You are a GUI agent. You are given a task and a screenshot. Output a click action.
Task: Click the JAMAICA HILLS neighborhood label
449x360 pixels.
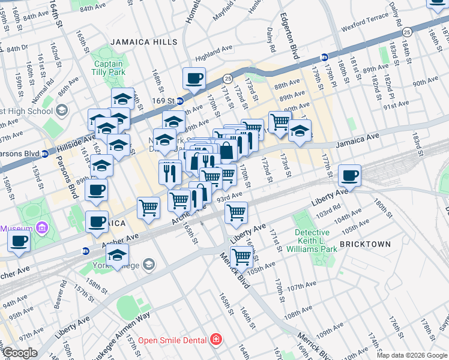coord(143,42)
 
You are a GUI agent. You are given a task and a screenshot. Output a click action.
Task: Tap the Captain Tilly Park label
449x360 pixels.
coord(108,68)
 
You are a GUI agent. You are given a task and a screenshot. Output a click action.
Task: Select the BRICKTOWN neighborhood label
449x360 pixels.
coord(365,244)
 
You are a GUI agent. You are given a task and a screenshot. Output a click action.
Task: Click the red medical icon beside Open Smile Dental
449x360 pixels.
coord(215,340)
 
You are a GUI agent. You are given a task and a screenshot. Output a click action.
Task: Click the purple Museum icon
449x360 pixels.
coord(41,228)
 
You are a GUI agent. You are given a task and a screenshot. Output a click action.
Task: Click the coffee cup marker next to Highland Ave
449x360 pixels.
coord(194,78)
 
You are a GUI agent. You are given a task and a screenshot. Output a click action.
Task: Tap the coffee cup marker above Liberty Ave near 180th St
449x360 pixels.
coord(349,176)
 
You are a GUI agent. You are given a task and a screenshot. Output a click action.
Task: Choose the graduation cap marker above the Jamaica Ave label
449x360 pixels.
coord(300,131)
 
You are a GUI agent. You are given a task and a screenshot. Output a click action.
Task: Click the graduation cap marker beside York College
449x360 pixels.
coord(118,254)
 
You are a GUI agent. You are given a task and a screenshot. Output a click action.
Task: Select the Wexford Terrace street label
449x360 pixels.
coord(366,28)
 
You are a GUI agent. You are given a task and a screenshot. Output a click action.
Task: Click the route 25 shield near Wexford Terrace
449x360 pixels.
coord(407,31)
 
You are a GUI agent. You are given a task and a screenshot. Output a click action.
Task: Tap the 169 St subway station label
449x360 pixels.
coord(163,100)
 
